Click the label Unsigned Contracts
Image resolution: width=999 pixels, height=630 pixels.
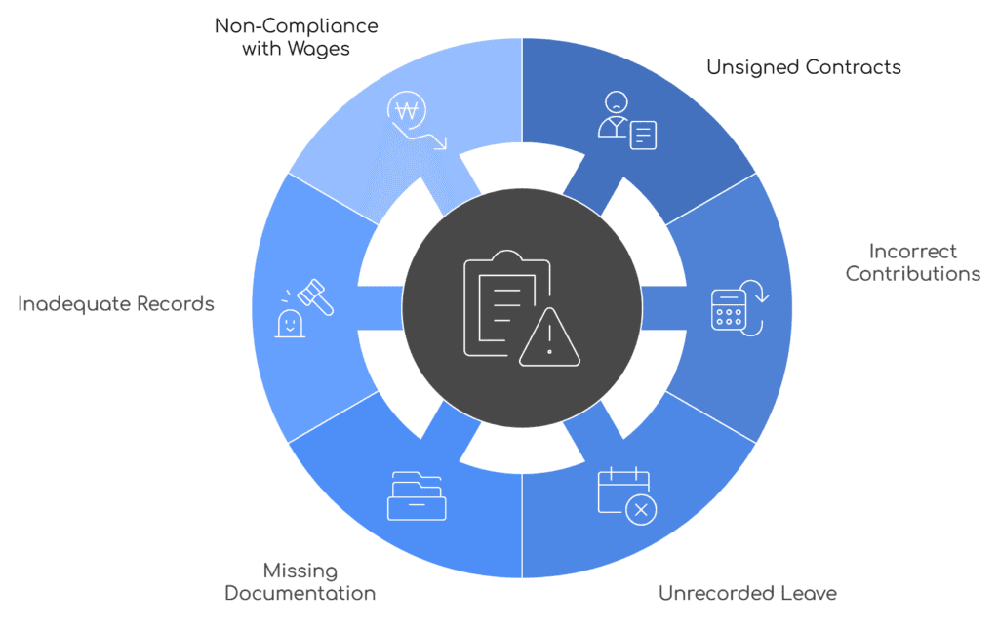click(803, 67)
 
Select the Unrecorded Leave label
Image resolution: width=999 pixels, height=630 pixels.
click(747, 593)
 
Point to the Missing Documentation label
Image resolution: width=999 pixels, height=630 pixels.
click(300, 581)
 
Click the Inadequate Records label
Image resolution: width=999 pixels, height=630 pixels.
click(115, 304)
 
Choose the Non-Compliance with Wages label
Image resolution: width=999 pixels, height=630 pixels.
click(296, 36)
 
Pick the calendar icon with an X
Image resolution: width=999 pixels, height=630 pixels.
click(626, 494)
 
